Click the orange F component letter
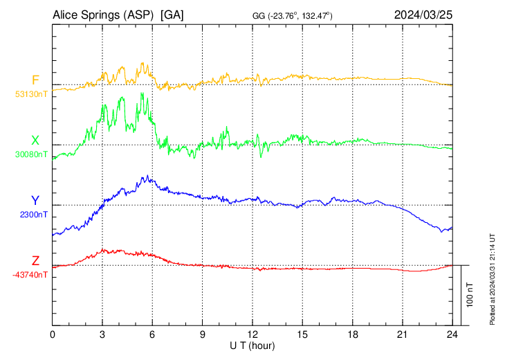click(35, 80)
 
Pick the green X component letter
click(35, 141)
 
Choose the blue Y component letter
click(35, 201)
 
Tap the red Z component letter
click(35, 261)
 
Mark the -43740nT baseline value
click(28, 275)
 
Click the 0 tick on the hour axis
click(53, 334)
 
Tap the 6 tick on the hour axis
click(153, 334)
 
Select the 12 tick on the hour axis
click(252, 334)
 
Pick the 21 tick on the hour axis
click(403, 334)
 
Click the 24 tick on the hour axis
click(452, 334)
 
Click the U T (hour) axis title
click(252, 345)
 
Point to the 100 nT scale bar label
click(470, 295)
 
